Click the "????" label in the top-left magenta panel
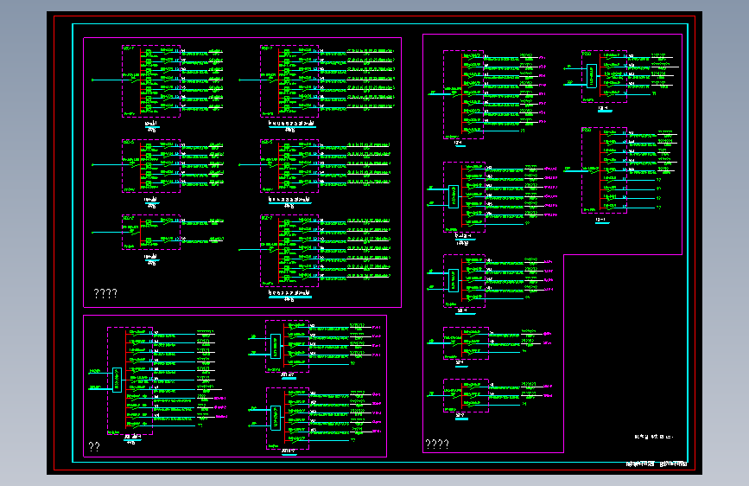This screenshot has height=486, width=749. [105, 294]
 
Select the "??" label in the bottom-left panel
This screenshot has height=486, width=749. [94, 446]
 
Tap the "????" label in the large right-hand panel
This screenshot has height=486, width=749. [436, 445]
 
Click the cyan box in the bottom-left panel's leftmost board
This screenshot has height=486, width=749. [117, 379]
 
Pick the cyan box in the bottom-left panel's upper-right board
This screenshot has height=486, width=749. [276, 346]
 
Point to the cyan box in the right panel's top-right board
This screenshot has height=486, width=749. [592, 76]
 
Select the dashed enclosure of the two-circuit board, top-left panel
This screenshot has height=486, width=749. [151, 233]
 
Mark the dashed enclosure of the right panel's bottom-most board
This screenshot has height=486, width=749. [466, 395]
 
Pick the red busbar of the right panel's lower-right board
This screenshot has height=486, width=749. [600, 169]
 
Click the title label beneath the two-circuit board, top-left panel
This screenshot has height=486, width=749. [151, 258]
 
